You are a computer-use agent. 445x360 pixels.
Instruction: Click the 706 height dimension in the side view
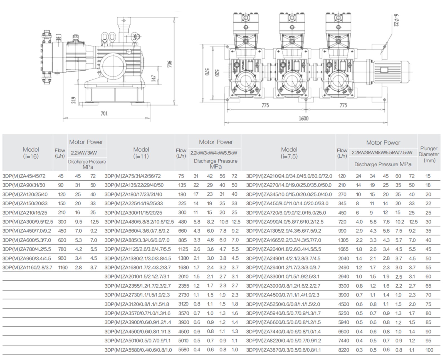click(x=170, y=64)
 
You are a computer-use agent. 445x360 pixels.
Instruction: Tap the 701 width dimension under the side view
click(x=104, y=114)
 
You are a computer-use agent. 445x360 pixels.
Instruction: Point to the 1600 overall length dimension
click(x=303, y=119)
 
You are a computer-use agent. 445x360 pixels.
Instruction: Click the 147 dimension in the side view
click(x=154, y=78)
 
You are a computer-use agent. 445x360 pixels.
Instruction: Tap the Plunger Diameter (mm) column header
click(x=429, y=154)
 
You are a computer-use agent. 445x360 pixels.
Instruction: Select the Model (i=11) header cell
click(x=141, y=153)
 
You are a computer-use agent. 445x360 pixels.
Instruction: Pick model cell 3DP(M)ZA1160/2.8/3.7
click(x=27, y=268)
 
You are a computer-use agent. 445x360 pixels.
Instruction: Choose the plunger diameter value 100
click(x=429, y=350)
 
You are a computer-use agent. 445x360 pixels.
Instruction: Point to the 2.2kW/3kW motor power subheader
click(x=84, y=153)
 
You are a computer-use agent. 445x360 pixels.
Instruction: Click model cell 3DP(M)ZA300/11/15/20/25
click(x=133, y=213)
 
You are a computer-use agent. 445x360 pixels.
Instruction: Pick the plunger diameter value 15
click(x=428, y=176)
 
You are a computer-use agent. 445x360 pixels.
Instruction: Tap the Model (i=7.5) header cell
click(x=289, y=153)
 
